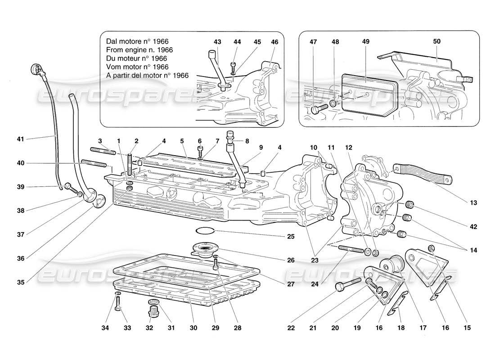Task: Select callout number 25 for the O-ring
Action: (291, 236)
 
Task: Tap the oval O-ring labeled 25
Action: (205, 231)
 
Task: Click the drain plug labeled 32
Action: (152, 311)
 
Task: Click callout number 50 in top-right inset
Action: (436, 42)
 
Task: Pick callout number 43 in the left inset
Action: (218, 42)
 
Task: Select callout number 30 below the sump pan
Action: (193, 328)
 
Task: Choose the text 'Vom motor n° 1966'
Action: (136, 67)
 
